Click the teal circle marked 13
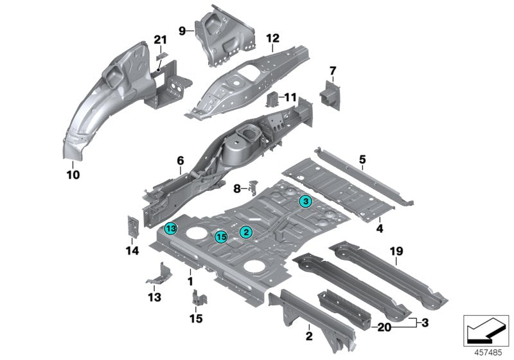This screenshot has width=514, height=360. (170, 228)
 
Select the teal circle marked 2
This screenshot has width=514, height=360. (245, 231)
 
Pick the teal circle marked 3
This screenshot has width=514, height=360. (306, 202)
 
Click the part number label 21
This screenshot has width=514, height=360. (160, 40)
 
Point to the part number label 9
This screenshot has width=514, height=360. (182, 30)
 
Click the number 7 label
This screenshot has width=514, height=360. (333, 69)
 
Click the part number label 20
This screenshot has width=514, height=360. (384, 327)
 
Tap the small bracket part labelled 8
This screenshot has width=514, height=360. (253, 187)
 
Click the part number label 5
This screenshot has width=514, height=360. (362, 159)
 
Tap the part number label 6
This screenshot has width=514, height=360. (181, 160)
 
